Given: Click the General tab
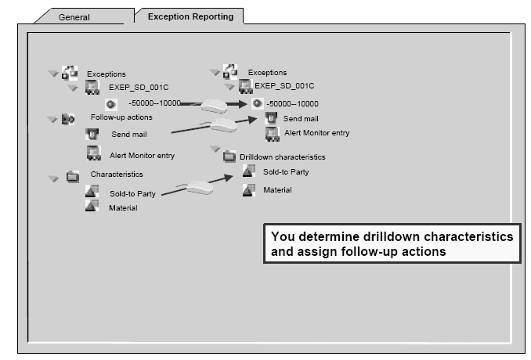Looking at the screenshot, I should (74, 17).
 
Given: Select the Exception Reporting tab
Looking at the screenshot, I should (190, 16).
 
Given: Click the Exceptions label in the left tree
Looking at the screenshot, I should (106, 74).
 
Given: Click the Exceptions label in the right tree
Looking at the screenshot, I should (267, 73).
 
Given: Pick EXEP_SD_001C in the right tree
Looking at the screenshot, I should (284, 86).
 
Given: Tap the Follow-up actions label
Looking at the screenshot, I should (121, 117).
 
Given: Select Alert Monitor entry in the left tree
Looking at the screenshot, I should (142, 155).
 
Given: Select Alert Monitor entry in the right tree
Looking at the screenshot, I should (316, 133).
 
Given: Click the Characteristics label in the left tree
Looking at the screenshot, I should (117, 175).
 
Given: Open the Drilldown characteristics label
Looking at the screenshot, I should (282, 157).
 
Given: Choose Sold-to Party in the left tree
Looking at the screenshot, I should (132, 193).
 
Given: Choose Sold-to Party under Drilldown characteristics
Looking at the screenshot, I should (286, 171).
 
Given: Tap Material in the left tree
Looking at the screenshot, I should (122, 207).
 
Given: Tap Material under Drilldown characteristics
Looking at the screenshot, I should (277, 190).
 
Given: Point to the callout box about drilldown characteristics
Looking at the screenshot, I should (392, 243).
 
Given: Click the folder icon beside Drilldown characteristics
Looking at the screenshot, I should (229, 157).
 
